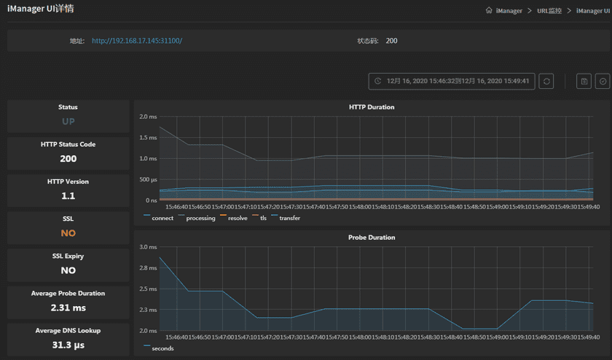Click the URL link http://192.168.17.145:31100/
tap(137, 41)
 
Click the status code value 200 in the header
tap(391, 41)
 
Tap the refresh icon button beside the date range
tap(546, 82)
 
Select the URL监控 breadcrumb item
tap(549, 11)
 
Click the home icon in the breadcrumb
tap(489, 11)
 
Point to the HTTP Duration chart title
tap(372, 107)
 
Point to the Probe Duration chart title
tap(372, 238)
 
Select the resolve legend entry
tap(237, 218)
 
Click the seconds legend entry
tap(162, 348)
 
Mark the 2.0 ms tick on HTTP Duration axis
tap(148, 117)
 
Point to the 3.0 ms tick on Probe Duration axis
tap(148, 247)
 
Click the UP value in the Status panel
tap(68, 122)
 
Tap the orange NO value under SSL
tap(68, 233)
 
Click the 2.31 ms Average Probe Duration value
tap(68, 308)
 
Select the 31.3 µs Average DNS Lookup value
tap(68, 345)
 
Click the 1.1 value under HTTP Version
tap(68, 196)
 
